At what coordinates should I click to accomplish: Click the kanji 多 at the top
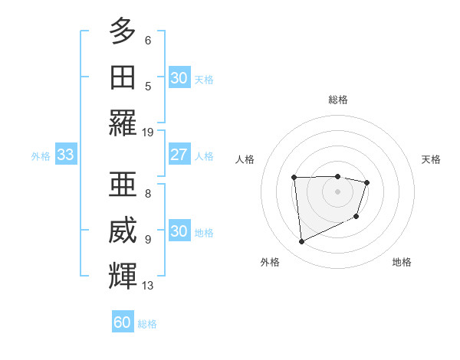pyautogui.click(x=123, y=31)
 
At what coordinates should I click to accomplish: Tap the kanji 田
pyautogui.click(x=123, y=77)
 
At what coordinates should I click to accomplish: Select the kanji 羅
pyautogui.click(x=123, y=123)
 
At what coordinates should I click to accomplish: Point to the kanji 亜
pyautogui.click(x=123, y=183)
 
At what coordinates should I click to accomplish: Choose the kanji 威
pyautogui.click(x=123, y=229)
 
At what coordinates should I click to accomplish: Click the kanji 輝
pyautogui.click(x=123, y=275)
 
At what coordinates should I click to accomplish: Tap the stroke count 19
pyautogui.click(x=148, y=132)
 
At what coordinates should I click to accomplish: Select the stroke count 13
pyautogui.click(x=148, y=286)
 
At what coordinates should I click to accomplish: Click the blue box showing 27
pyautogui.click(x=179, y=155)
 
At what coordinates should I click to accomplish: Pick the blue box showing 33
pyautogui.click(x=65, y=155)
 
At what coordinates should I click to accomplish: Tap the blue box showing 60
pyautogui.click(x=123, y=322)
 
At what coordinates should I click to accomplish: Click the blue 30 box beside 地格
pyautogui.click(x=179, y=231)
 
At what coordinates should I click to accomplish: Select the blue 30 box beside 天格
pyautogui.click(x=179, y=78)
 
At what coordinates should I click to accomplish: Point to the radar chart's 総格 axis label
pyautogui.click(x=337, y=100)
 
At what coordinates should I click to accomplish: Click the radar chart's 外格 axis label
pyautogui.click(x=270, y=262)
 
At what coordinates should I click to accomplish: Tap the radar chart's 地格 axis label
pyautogui.click(x=402, y=262)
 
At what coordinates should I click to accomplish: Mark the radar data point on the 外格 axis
pyautogui.click(x=301, y=242)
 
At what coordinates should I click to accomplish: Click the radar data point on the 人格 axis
pyautogui.click(x=294, y=178)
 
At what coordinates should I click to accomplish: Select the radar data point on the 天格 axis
pyautogui.click(x=367, y=182)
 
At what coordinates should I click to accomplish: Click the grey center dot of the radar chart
pyautogui.click(x=337, y=191)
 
